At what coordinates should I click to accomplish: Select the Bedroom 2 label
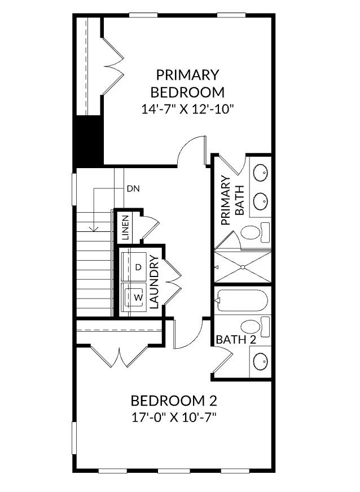coord(174,401)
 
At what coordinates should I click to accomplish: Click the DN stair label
coord(133,188)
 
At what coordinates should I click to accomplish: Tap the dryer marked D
coord(138,267)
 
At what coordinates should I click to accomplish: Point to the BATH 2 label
coord(236,340)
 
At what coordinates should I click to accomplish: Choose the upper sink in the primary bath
coord(260,173)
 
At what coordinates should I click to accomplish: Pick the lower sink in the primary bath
coord(260,199)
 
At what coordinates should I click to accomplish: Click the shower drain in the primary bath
coord(243,267)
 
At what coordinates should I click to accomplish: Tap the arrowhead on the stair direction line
coord(94,229)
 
